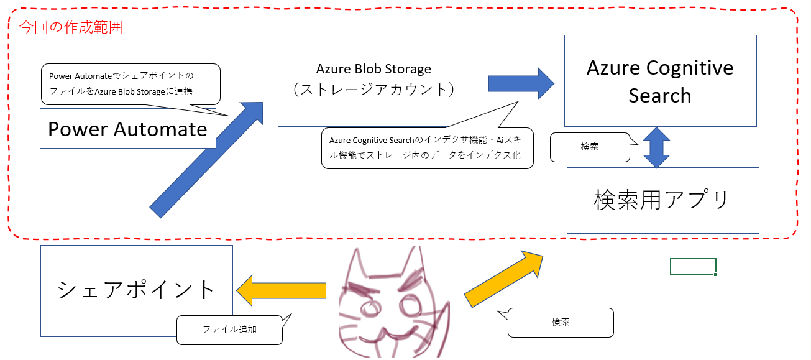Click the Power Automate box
[x=127, y=129]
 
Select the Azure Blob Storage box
[x=373, y=80]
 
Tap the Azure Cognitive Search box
[x=660, y=81]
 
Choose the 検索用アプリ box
[x=662, y=200]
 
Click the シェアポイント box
[x=136, y=290]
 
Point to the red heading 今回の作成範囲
[x=71, y=27]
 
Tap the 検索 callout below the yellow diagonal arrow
[x=561, y=323]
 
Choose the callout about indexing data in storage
[x=427, y=148]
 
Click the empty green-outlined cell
[x=693, y=267]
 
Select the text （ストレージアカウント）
[x=373, y=89]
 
